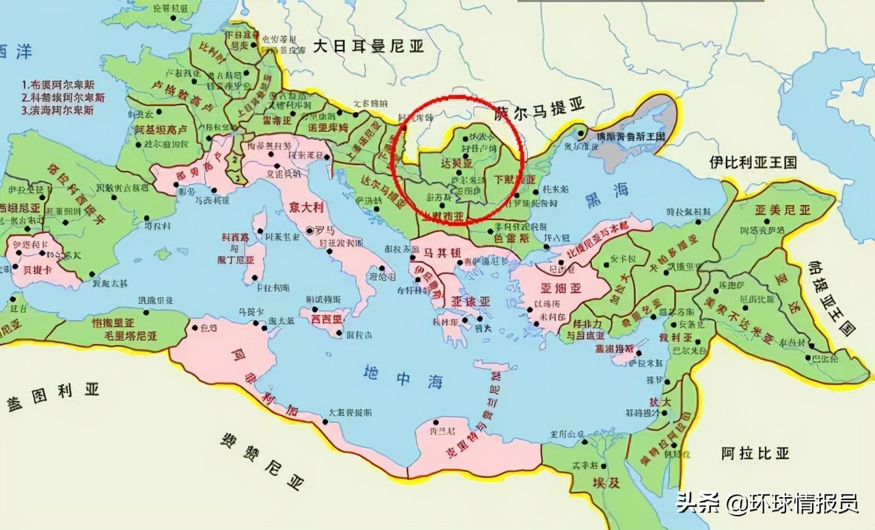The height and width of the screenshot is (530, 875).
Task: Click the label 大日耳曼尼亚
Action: [x=368, y=46]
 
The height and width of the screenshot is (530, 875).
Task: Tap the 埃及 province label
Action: [x=606, y=482]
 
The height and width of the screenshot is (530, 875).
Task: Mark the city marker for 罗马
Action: [x=311, y=231]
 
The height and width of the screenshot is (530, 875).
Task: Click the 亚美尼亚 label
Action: [x=782, y=210]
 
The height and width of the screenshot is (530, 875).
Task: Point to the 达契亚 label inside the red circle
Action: [x=457, y=165]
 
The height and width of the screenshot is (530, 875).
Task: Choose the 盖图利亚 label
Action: [x=53, y=395]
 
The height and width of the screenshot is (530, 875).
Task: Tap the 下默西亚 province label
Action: [x=515, y=180]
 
